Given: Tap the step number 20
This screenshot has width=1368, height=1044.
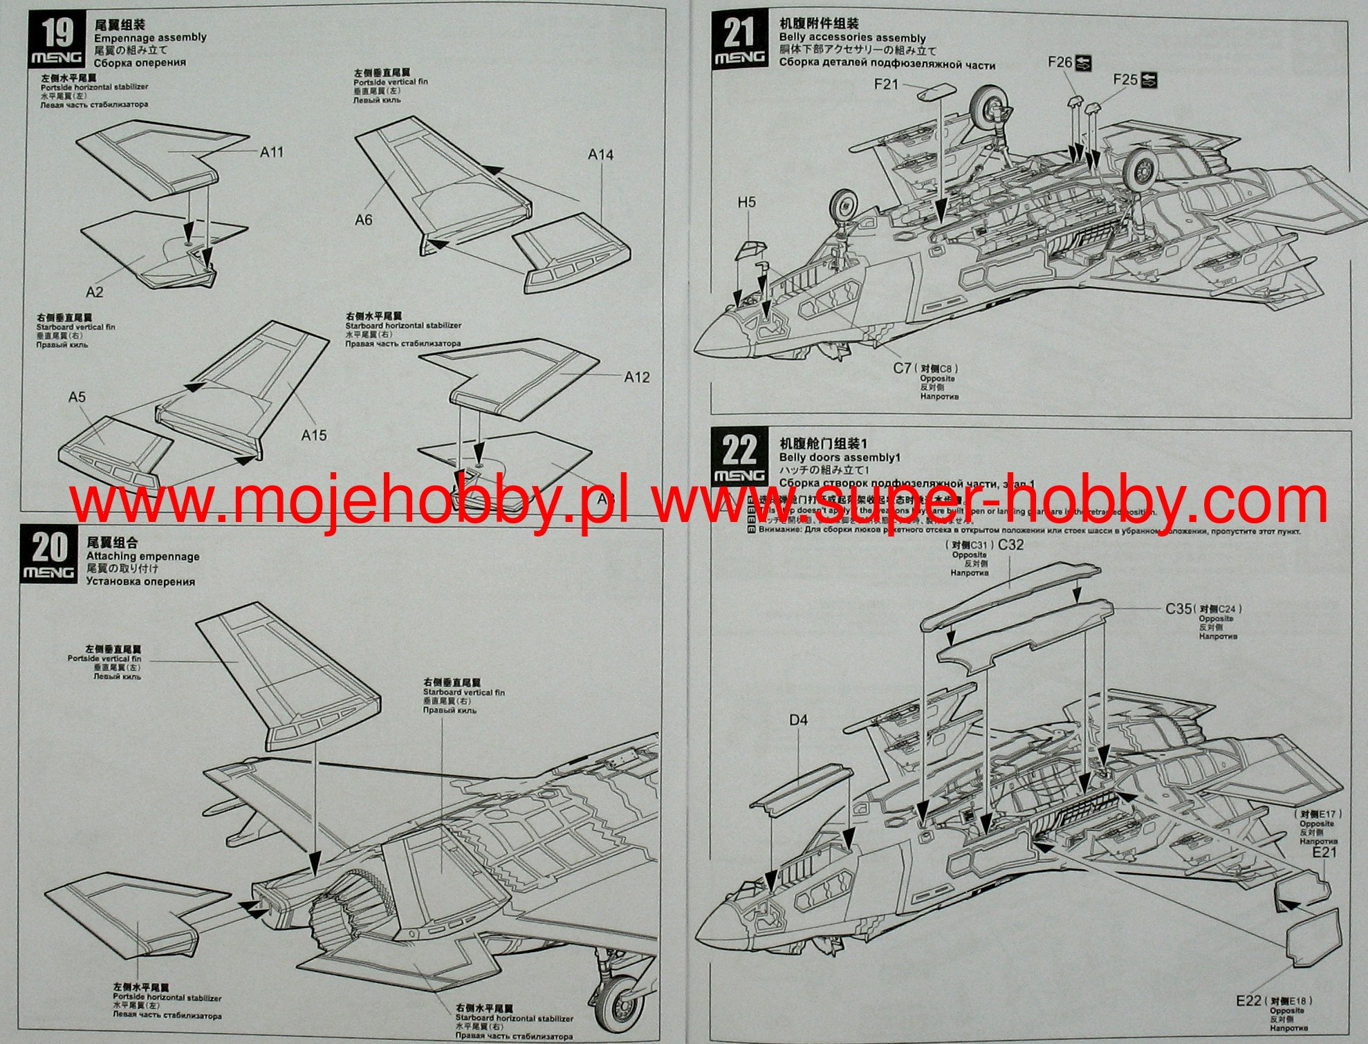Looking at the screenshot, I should click(50, 548).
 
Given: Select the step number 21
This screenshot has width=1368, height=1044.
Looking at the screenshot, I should click(739, 32).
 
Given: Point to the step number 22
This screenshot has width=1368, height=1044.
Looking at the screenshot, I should click(739, 450).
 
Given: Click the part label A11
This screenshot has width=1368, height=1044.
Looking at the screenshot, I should click(272, 152).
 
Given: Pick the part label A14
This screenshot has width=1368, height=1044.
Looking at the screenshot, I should click(600, 155).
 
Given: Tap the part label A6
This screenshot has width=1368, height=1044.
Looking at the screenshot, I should click(363, 220).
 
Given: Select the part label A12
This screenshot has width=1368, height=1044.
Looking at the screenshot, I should click(637, 377).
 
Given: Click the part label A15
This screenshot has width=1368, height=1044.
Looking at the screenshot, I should click(314, 436).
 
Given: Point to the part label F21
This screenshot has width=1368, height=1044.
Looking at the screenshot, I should click(886, 84).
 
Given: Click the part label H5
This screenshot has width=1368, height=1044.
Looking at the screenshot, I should click(747, 203).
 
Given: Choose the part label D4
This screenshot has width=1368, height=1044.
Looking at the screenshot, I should click(798, 720).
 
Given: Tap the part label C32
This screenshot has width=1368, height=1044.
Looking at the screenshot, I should click(1011, 545).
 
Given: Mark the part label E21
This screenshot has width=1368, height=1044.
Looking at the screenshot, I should click(1324, 852).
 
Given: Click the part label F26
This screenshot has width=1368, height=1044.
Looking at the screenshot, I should click(1060, 62).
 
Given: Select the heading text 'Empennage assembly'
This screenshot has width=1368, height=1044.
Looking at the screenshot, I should click(150, 38).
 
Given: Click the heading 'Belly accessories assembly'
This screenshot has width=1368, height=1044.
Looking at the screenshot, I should click(852, 38).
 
